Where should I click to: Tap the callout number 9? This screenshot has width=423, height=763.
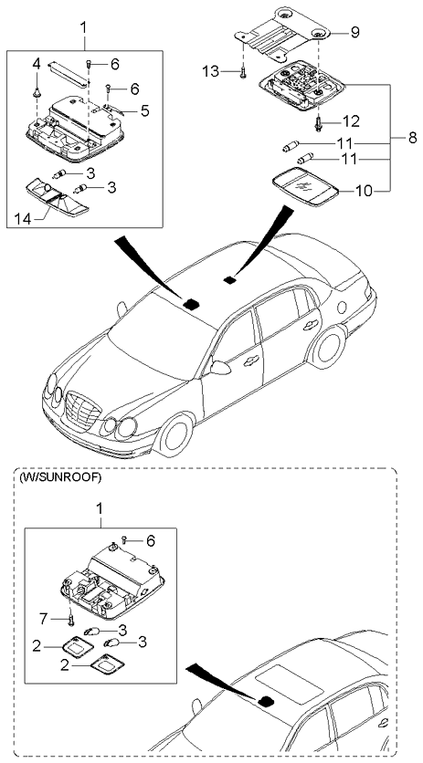(x=354, y=32)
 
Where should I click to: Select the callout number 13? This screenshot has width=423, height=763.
(x=209, y=69)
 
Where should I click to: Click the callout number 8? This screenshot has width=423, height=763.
(x=411, y=139)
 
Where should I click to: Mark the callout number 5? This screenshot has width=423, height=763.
(x=144, y=111)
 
